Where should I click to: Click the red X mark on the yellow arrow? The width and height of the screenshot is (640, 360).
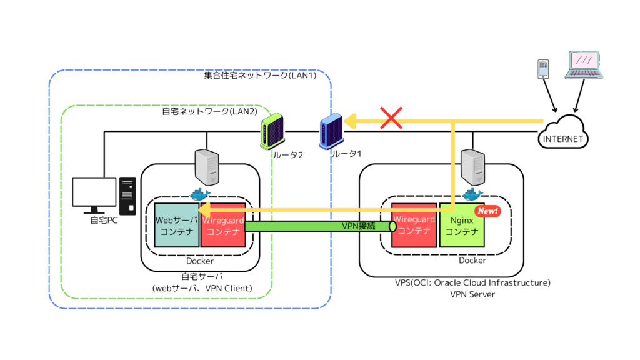click(x=391, y=118)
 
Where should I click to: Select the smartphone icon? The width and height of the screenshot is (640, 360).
click(x=543, y=69)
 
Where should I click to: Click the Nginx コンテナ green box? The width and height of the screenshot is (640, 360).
click(x=462, y=225)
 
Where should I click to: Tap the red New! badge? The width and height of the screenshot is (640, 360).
click(x=487, y=211)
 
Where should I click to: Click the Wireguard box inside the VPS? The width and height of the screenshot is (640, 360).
click(x=413, y=225)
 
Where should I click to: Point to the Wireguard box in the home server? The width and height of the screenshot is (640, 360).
click(x=223, y=225)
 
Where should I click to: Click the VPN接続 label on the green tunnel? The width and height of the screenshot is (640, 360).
click(x=359, y=226)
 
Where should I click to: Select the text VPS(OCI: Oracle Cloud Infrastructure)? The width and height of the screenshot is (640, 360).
click(x=472, y=282)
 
